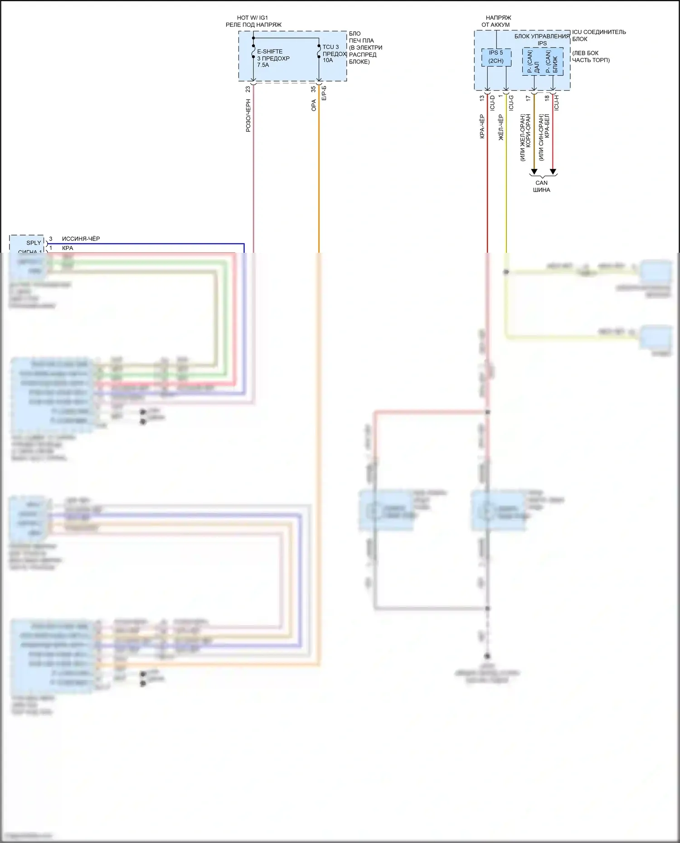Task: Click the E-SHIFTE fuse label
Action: tap(269, 52)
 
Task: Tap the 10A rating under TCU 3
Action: tap(327, 60)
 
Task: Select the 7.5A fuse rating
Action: tap(263, 65)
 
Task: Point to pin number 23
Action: tap(248, 89)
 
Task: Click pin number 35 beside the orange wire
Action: tap(313, 89)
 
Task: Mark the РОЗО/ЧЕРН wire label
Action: tap(248, 116)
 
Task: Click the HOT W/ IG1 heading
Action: tap(253, 18)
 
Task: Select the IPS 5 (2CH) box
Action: tap(496, 57)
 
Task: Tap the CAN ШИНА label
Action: tap(541, 186)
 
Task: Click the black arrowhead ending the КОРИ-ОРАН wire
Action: tap(534, 172)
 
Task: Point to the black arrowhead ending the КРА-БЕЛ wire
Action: tap(553, 172)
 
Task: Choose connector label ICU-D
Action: tap(492, 103)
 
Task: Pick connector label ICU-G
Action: tap(511, 103)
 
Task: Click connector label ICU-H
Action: tap(556, 103)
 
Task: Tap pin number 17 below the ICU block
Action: tap(528, 98)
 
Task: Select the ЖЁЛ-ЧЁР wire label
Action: tap(501, 127)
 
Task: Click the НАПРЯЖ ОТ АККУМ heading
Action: tap(497, 21)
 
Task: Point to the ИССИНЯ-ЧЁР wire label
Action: tap(81, 239)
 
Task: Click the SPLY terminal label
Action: tap(34, 243)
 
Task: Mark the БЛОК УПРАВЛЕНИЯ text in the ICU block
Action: tap(542, 36)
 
